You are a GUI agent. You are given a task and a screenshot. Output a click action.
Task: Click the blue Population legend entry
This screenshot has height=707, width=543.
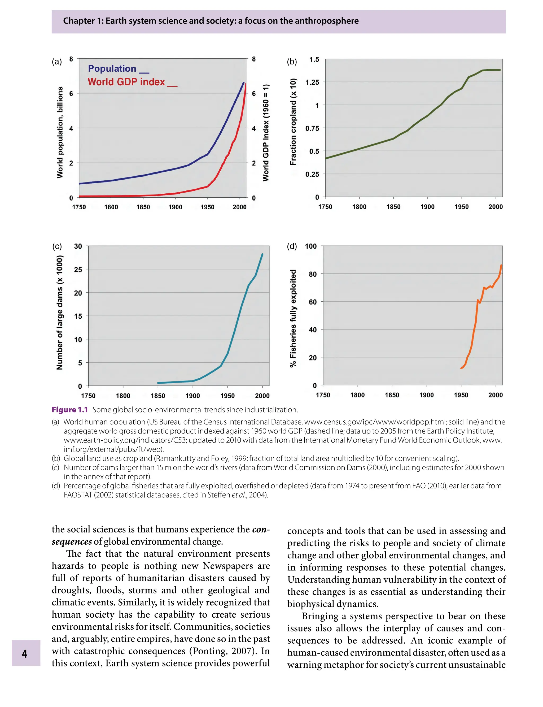[112, 68]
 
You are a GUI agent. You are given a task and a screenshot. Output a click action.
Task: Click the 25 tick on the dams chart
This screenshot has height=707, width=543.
[78, 270]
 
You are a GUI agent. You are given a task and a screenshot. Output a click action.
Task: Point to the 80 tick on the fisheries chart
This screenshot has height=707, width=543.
[313, 274]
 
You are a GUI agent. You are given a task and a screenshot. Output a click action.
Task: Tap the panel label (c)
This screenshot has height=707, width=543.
[57, 246]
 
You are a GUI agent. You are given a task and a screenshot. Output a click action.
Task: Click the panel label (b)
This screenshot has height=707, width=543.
[292, 62]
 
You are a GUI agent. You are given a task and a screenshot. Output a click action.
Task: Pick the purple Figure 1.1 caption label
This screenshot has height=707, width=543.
[70, 410]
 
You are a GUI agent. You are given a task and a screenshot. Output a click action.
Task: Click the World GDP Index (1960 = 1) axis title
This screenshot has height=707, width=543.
[266, 133]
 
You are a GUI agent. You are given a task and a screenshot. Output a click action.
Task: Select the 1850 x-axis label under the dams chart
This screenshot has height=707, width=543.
[158, 396]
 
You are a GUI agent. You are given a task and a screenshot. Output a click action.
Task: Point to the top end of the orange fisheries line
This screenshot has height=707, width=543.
[501, 266]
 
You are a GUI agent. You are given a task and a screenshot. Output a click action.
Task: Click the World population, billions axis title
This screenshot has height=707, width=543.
[60, 132]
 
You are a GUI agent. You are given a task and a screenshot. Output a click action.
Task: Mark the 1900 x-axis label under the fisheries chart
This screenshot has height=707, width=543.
[426, 395]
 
